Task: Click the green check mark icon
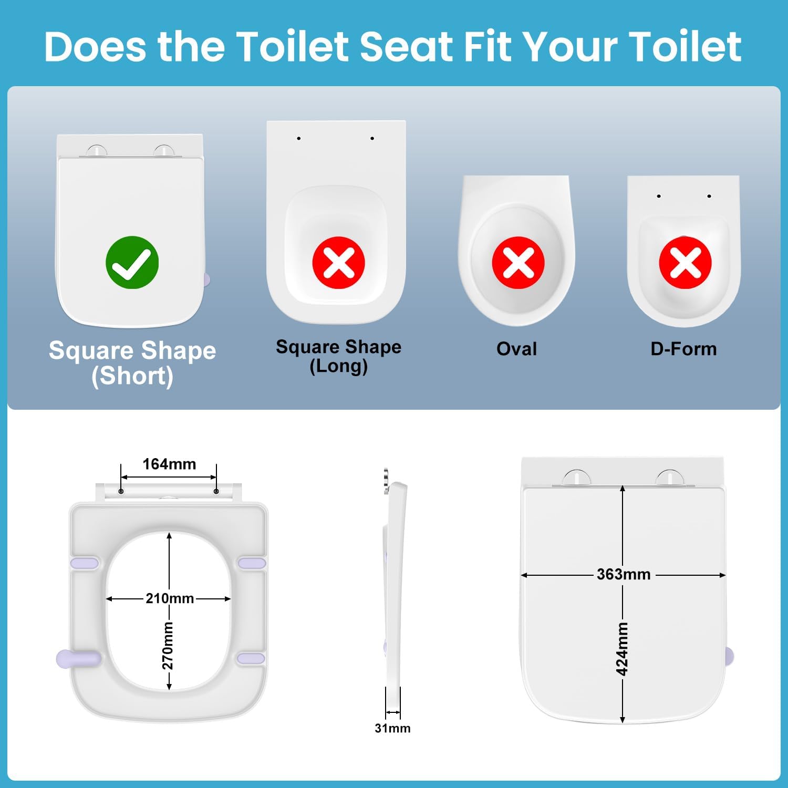click(x=132, y=262)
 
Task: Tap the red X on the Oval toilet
click(x=518, y=262)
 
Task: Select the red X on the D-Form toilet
click(x=685, y=262)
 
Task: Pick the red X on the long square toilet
click(x=338, y=262)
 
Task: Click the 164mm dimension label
click(x=169, y=464)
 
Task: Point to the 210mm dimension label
click(x=170, y=598)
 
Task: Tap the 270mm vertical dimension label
click(x=168, y=646)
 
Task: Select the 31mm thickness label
click(x=392, y=728)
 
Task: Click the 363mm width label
click(x=624, y=574)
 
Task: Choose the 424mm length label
click(x=622, y=649)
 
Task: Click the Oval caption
click(x=517, y=349)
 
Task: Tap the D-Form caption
click(x=683, y=349)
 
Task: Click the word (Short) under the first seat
click(x=132, y=376)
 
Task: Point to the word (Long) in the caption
click(x=338, y=366)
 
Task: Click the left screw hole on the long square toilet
click(x=299, y=138)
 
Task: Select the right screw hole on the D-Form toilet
click(x=709, y=196)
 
